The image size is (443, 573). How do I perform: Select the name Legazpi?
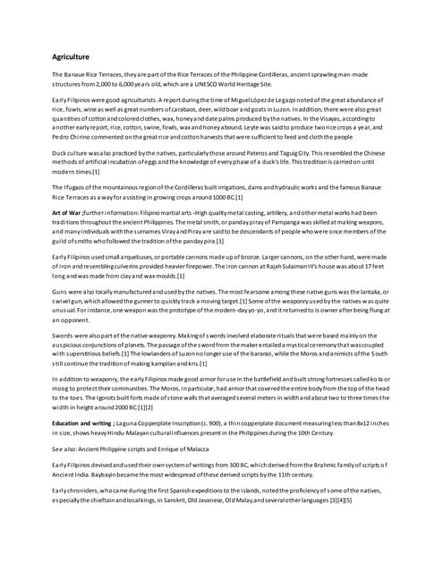click(x=286, y=100)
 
